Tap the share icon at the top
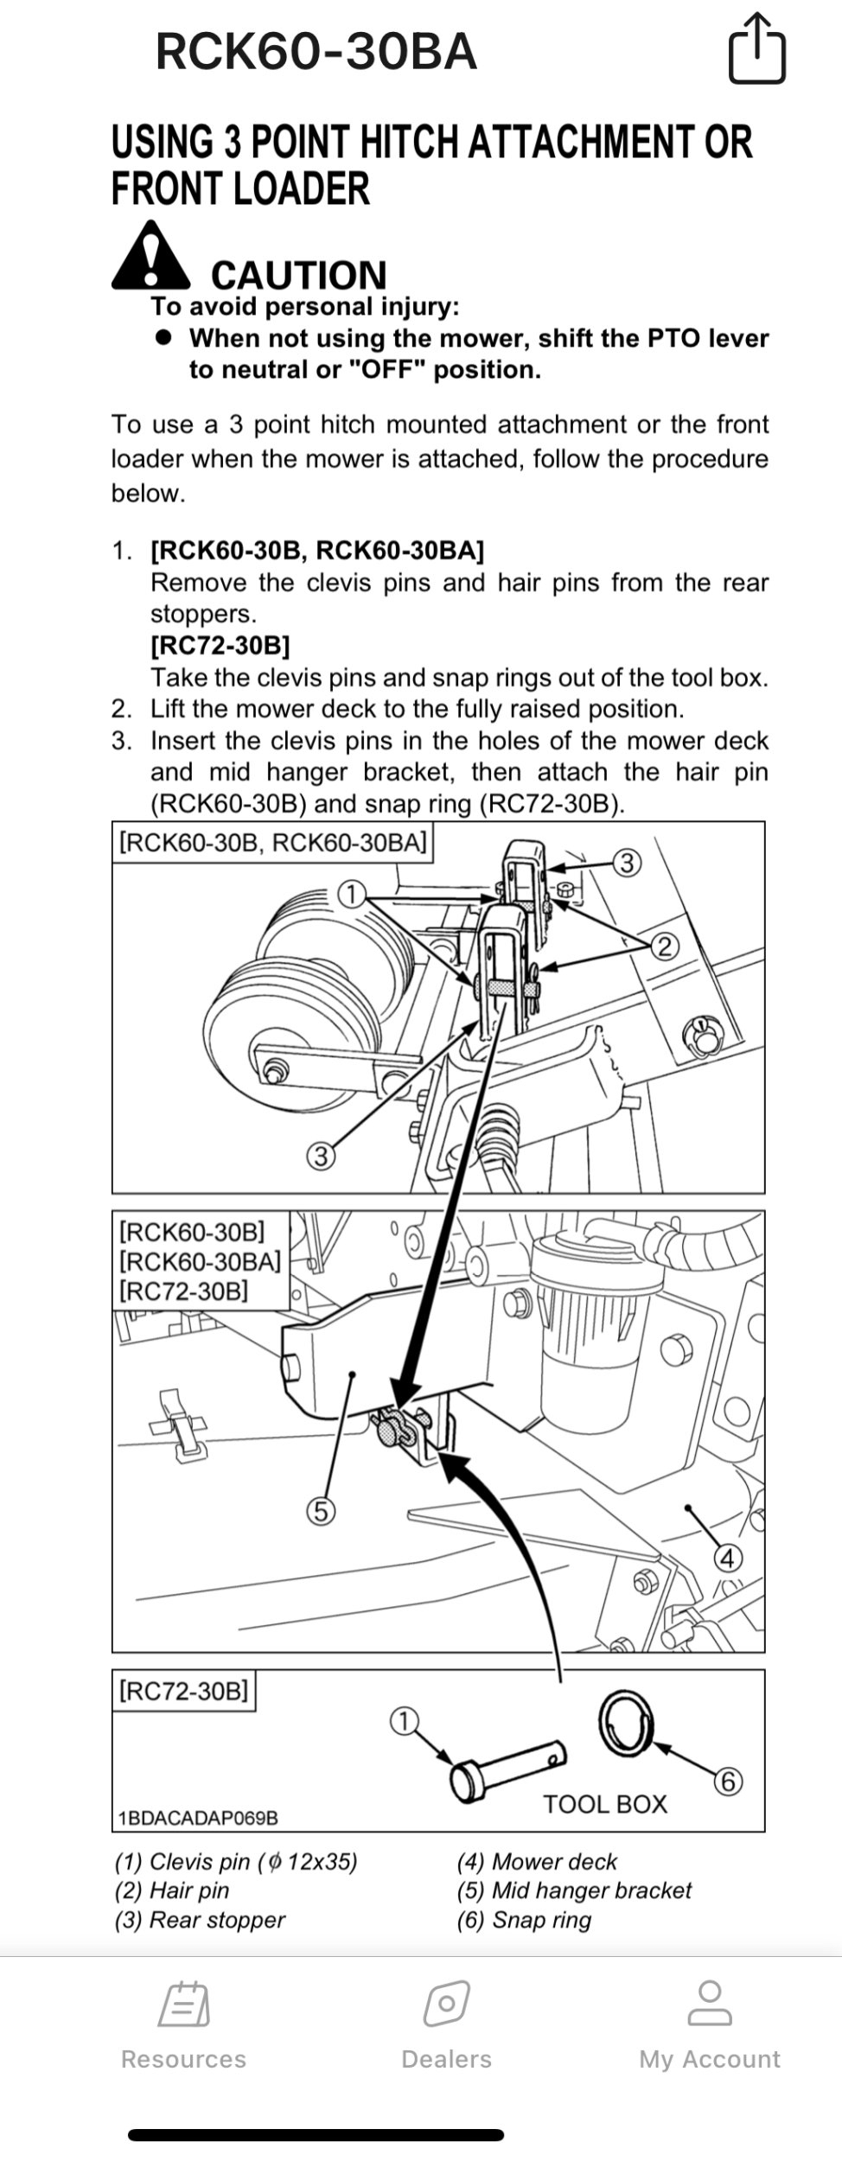756,49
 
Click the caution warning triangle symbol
150,258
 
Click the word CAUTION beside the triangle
298,276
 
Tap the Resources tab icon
183,2005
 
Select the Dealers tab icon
446,2005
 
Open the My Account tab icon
709,2005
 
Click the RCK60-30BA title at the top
316,52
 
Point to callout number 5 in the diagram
321,1512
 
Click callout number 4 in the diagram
727,1559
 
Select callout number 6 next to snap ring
728,1782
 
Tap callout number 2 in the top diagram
664,947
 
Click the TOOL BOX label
605,1804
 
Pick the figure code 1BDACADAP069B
198,1818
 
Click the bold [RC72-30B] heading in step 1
220,646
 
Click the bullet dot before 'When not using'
163,338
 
